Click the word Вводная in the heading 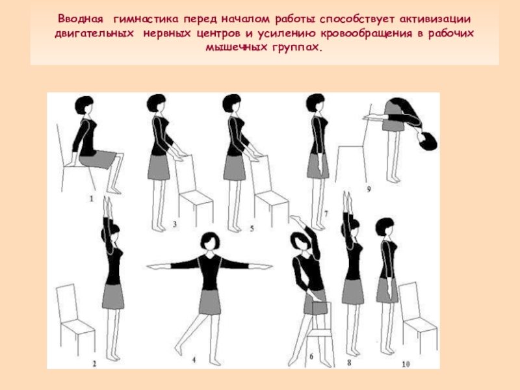(81, 19)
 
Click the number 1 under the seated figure (92, 199)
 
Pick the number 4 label (194, 359)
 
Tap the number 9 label (369, 189)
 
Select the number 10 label (406, 364)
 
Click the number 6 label (311, 357)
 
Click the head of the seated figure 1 (85, 105)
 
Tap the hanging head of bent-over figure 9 (428, 141)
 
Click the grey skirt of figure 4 (210, 302)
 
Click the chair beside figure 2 (75, 318)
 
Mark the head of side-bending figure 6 (300, 241)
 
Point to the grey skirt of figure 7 (318, 166)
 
